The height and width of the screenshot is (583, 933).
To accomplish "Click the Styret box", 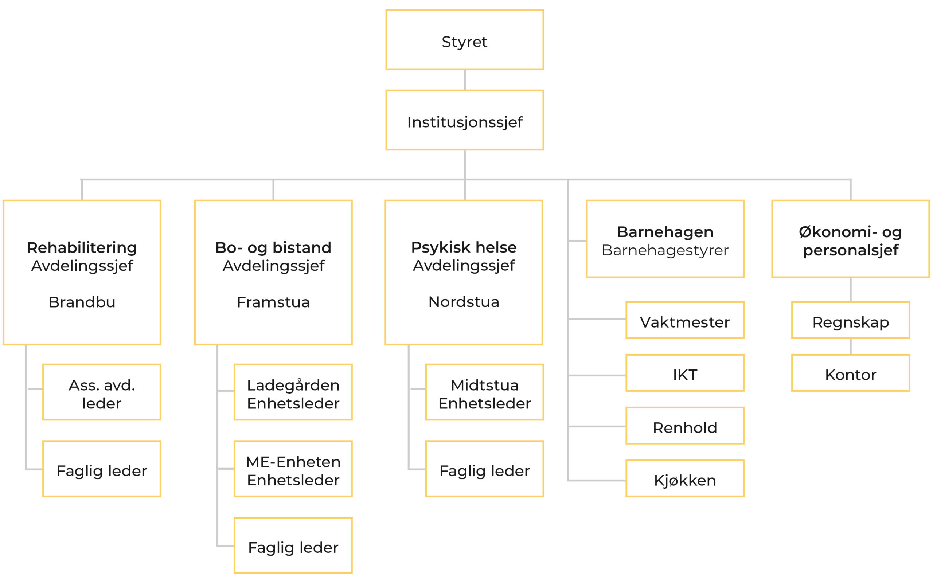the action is click(465, 40).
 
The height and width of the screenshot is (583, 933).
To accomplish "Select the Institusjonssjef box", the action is click(465, 120).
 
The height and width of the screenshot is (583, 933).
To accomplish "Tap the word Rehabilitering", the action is click(82, 247).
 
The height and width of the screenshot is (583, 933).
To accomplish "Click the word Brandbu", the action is click(82, 302).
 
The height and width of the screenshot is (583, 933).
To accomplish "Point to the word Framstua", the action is click(273, 302).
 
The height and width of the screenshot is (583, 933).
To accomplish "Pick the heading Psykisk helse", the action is click(464, 247).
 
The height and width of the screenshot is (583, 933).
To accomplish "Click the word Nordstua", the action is click(464, 302).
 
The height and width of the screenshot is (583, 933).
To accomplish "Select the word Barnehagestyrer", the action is click(665, 250).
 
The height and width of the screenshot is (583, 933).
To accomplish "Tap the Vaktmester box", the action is click(685, 320).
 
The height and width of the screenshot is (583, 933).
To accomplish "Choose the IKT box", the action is click(685, 373).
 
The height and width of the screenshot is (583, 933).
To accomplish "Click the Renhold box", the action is click(685, 426).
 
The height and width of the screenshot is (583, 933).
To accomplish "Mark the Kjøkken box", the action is click(685, 478).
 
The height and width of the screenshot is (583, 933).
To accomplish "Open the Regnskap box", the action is click(851, 320).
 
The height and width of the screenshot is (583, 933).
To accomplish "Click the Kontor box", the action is click(851, 373).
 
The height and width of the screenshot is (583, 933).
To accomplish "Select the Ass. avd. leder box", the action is click(102, 392).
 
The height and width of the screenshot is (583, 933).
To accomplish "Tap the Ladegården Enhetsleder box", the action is click(293, 392).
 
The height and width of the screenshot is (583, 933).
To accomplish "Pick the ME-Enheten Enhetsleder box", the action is click(293, 469).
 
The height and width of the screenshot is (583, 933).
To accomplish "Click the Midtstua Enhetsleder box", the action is click(485, 392).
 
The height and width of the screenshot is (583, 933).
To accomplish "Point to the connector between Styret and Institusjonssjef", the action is click(465, 80).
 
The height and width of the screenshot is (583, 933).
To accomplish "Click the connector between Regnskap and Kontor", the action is click(851, 347).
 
